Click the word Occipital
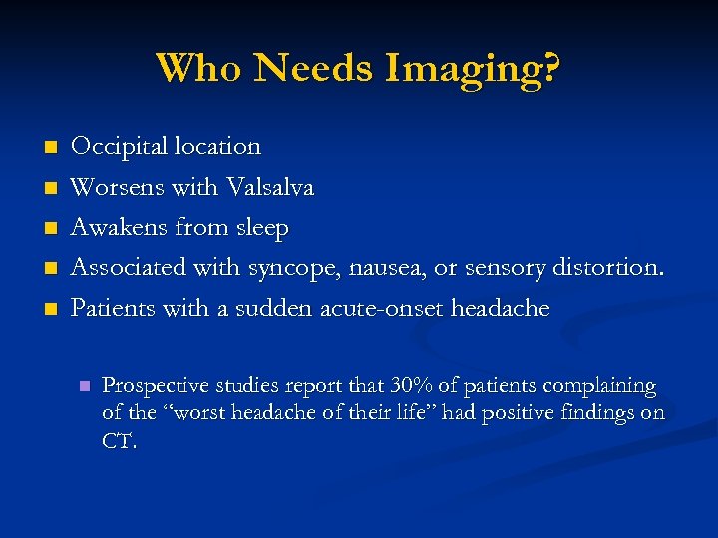coord(119,147)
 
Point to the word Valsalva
coord(270,187)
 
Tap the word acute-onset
coord(381,308)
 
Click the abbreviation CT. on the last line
coord(120,441)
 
